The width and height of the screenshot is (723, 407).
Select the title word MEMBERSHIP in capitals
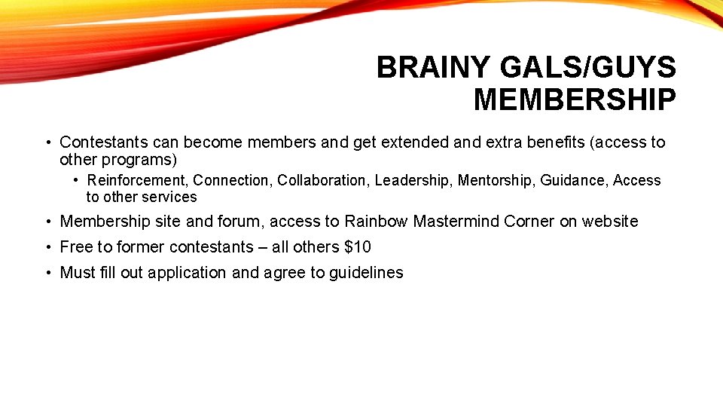coord(575,99)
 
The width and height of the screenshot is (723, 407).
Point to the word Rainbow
coord(376,222)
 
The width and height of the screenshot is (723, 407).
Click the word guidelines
coord(366,273)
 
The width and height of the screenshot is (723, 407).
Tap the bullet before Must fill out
coord(47,273)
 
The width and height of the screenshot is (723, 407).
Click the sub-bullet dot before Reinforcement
coord(77,180)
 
